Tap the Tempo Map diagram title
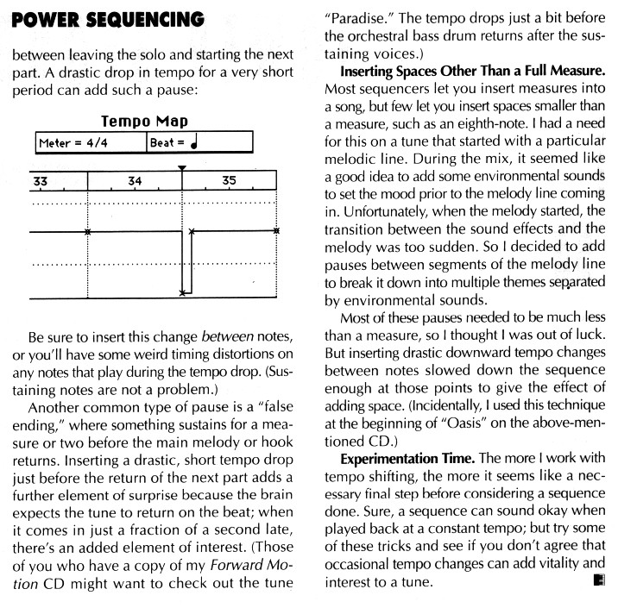[x=145, y=122]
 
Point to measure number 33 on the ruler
[x=41, y=181]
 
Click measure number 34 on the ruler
[x=135, y=181]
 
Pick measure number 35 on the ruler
[x=229, y=181]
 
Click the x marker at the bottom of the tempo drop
[x=181, y=294]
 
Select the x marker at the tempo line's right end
[x=276, y=231]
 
